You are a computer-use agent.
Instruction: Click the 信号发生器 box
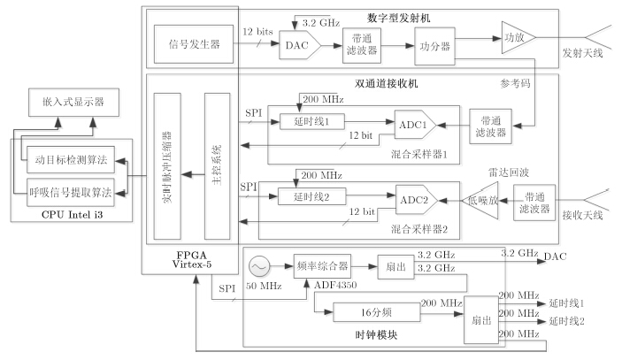coord(193,42)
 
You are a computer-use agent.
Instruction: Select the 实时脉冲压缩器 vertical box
coord(167,165)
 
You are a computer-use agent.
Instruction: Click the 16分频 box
coord(365,312)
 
